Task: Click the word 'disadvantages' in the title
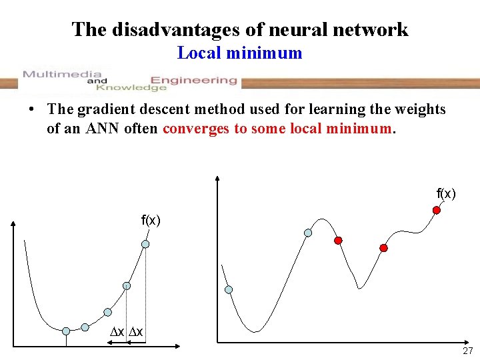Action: click(175, 29)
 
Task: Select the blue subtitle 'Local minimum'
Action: click(239, 53)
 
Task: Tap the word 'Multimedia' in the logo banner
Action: click(62, 74)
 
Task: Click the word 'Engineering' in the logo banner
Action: click(193, 80)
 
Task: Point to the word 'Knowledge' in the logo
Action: click(131, 87)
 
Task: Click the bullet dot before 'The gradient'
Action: click(33, 110)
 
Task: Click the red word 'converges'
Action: click(196, 128)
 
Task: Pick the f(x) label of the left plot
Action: click(150, 220)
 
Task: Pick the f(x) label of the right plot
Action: click(446, 194)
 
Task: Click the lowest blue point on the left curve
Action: click(66, 331)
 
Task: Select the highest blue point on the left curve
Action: click(145, 244)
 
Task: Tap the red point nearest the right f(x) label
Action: click(437, 210)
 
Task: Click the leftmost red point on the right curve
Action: click(338, 240)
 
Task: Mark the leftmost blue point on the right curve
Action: click(229, 289)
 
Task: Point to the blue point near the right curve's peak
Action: click(307, 233)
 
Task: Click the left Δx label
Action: click(117, 332)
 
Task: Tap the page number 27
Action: click(467, 351)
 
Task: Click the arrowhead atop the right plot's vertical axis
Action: click(218, 178)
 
